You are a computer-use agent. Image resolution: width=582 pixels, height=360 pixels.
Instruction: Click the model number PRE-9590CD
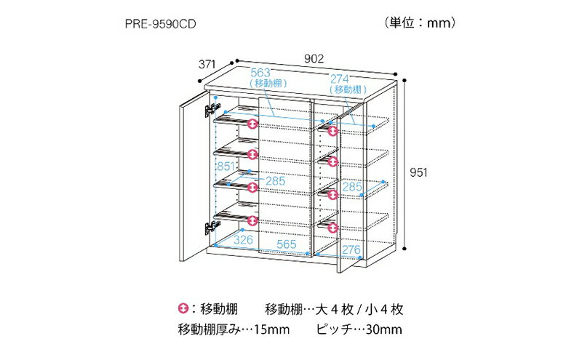tap(160, 24)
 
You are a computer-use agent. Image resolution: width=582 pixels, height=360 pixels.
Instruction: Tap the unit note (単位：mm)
tap(420, 23)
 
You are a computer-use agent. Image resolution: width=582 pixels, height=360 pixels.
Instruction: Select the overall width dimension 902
tap(314, 59)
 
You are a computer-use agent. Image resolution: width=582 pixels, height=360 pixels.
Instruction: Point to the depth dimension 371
tap(207, 64)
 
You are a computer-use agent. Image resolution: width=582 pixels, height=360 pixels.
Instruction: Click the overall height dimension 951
tap(419, 172)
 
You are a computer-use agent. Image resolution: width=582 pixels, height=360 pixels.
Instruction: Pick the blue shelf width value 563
tap(260, 73)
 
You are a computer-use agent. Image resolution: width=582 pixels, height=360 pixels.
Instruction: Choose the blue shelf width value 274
tap(340, 79)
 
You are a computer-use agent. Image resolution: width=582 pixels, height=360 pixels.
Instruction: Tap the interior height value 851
tap(226, 167)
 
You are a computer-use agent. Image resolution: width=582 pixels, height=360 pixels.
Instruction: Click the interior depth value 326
tap(243, 240)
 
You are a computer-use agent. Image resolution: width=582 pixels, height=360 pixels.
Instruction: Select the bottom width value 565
tap(287, 244)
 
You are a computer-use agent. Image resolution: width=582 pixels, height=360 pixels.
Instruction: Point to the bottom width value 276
tap(351, 249)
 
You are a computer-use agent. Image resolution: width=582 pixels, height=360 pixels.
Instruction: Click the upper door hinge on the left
tap(212, 110)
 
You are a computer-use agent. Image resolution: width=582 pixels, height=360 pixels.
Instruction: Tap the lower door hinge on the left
tap(212, 227)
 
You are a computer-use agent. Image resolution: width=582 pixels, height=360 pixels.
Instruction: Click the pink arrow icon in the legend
tap(183, 308)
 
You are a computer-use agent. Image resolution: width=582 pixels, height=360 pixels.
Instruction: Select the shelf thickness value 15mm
tap(271, 329)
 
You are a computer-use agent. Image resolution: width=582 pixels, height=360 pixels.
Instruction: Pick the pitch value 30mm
tap(384, 329)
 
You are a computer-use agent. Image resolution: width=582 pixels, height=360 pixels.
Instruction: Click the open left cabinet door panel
tap(194, 175)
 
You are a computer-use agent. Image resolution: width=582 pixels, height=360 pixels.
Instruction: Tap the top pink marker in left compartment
tap(252, 124)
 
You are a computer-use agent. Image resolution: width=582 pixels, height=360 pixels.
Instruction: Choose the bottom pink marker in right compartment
tap(333, 227)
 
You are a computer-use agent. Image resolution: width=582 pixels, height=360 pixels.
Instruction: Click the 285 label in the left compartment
tap(276, 181)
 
